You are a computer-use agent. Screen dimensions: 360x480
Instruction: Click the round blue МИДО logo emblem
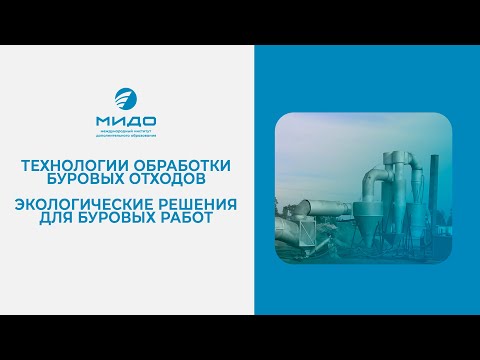127,101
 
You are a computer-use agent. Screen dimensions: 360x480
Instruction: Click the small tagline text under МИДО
127,136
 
